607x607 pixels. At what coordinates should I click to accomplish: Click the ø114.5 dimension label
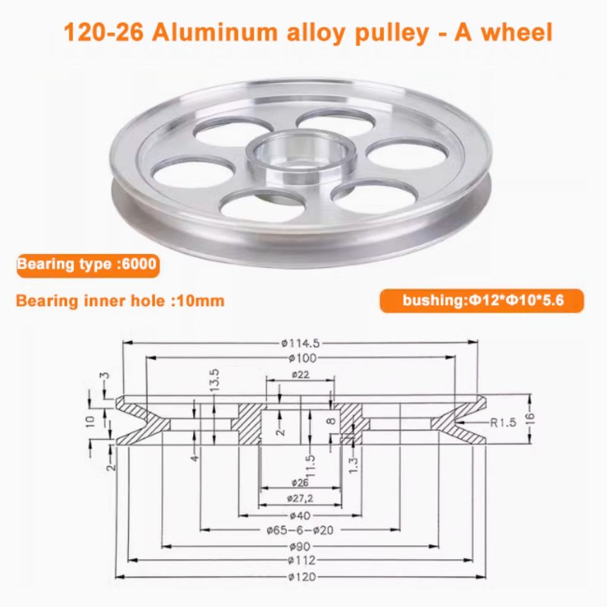pos(300,343)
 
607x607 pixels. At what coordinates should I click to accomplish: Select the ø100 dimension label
pos(302,358)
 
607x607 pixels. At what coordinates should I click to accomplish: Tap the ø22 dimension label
pos(300,374)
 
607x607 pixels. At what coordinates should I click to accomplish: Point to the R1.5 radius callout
pos(503,422)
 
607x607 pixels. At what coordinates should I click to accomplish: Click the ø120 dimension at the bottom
pos(302,577)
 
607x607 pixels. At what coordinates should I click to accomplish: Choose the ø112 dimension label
pos(302,560)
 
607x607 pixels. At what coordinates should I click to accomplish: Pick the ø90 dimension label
pos(300,546)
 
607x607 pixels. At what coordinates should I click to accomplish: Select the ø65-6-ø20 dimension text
pos(300,530)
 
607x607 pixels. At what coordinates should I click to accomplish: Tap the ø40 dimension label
pos(300,516)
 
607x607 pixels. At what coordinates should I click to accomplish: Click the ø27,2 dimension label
pos(300,499)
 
